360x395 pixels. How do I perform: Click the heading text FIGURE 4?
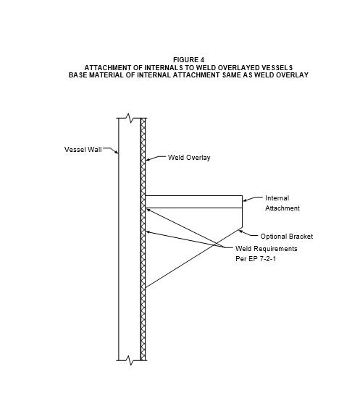point(188,60)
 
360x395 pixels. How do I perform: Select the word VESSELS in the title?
point(277,68)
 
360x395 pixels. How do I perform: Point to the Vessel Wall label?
point(83,149)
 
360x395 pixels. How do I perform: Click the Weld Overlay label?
point(189,158)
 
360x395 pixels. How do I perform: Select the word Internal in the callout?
point(277,198)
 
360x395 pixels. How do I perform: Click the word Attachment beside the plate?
point(282,208)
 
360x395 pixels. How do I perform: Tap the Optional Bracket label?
point(287,237)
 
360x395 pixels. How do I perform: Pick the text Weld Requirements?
point(267,249)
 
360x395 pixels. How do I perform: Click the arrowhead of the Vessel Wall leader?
point(117,152)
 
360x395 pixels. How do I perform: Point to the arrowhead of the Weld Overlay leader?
point(148,159)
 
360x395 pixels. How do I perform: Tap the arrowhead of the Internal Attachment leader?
point(245,200)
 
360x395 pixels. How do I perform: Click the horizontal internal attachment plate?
point(193,202)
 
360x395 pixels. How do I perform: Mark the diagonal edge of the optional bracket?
point(193,258)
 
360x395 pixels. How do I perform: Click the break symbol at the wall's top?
point(130,118)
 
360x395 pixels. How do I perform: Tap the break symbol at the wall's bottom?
point(130,360)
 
